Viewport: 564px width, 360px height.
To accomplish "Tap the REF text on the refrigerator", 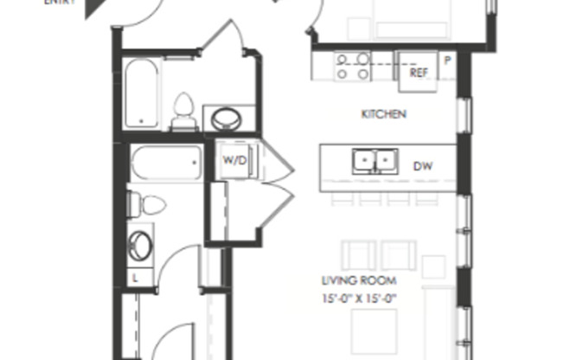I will click(x=419, y=73).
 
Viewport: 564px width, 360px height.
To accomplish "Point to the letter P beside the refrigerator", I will click(x=447, y=61).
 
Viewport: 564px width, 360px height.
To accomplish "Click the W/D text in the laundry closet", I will click(x=234, y=160).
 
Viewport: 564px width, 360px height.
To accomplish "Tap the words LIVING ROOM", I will click(x=359, y=280).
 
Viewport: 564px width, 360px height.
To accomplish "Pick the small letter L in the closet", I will click(x=136, y=277).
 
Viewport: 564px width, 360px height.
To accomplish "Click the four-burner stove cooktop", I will click(x=353, y=67).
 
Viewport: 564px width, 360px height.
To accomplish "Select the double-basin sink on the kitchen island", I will click(x=375, y=162).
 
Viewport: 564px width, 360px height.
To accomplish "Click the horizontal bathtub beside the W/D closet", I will click(x=167, y=163).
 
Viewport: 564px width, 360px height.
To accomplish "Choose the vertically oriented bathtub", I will click(x=140, y=93).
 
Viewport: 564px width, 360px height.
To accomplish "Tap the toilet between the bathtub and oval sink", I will click(x=183, y=112).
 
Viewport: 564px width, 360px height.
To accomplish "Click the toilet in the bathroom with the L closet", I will click(x=148, y=205).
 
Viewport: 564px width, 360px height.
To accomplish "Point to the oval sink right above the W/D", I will click(x=228, y=118).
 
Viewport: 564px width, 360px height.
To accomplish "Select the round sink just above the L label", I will click(x=140, y=245).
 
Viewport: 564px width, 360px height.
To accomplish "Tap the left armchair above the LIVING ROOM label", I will click(x=358, y=254).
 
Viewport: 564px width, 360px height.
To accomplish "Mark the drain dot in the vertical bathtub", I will click(x=132, y=120).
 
